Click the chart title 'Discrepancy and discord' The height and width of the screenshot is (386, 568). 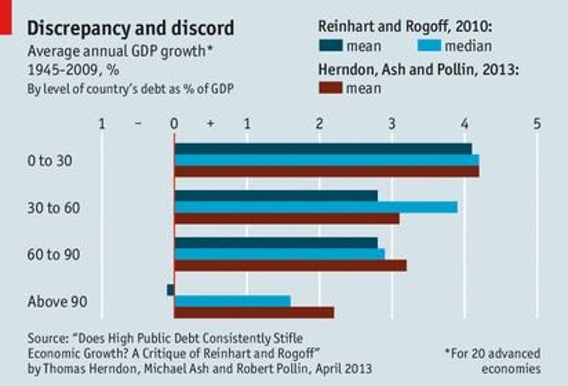131,28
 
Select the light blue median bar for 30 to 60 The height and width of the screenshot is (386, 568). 316,207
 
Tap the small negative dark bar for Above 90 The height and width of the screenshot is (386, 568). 170,290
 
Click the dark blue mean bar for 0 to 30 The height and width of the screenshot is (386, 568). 323,149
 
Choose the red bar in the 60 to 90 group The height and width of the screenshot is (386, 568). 290,265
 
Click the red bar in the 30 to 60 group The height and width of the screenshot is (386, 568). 286,219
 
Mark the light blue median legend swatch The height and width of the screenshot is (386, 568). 429,46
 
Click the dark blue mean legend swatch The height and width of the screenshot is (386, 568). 331,46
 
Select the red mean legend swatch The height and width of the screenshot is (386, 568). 331,88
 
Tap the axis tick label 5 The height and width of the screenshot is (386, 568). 537,124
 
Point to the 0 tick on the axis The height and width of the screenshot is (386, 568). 174,124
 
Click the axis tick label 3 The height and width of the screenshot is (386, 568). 392,124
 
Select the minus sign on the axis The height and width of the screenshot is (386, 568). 138,124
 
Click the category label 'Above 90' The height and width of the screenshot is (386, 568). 57,302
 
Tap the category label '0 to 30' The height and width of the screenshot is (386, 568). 50,161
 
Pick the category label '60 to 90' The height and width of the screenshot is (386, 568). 54,255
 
